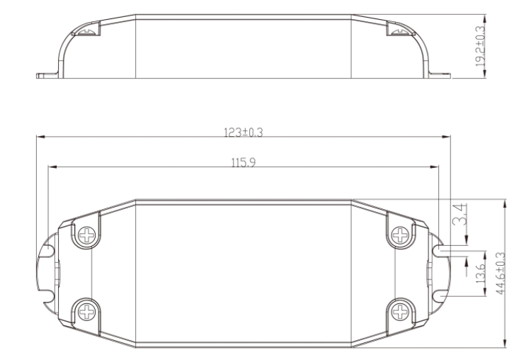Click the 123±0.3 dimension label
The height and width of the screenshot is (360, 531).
[x=243, y=133]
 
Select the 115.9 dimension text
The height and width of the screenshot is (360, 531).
[x=244, y=163]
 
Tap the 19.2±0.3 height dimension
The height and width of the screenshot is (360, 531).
[x=480, y=47]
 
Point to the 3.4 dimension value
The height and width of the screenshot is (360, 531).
[x=460, y=214]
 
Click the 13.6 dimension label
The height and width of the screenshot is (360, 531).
[x=481, y=274]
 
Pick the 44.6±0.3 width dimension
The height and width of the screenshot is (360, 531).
[x=500, y=274]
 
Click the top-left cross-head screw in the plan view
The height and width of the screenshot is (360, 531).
[x=86, y=235]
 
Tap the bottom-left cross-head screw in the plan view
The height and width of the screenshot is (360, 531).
[x=86, y=312]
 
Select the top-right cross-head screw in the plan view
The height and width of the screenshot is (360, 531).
[x=400, y=235]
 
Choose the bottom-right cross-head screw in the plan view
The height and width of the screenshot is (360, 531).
[x=400, y=312]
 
